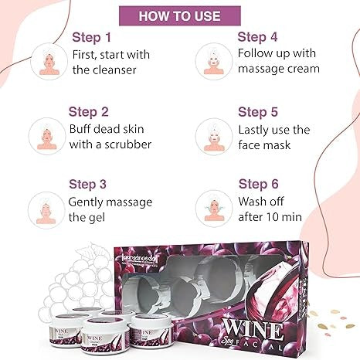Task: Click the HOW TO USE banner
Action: tap(180, 15)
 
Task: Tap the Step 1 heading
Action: tap(92, 36)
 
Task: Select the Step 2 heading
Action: tap(90, 111)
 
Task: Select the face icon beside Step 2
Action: tap(48, 136)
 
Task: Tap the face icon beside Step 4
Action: tap(215, 62)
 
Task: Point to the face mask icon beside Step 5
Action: tap(215, 136)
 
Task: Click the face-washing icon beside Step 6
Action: tap(215, 209)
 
